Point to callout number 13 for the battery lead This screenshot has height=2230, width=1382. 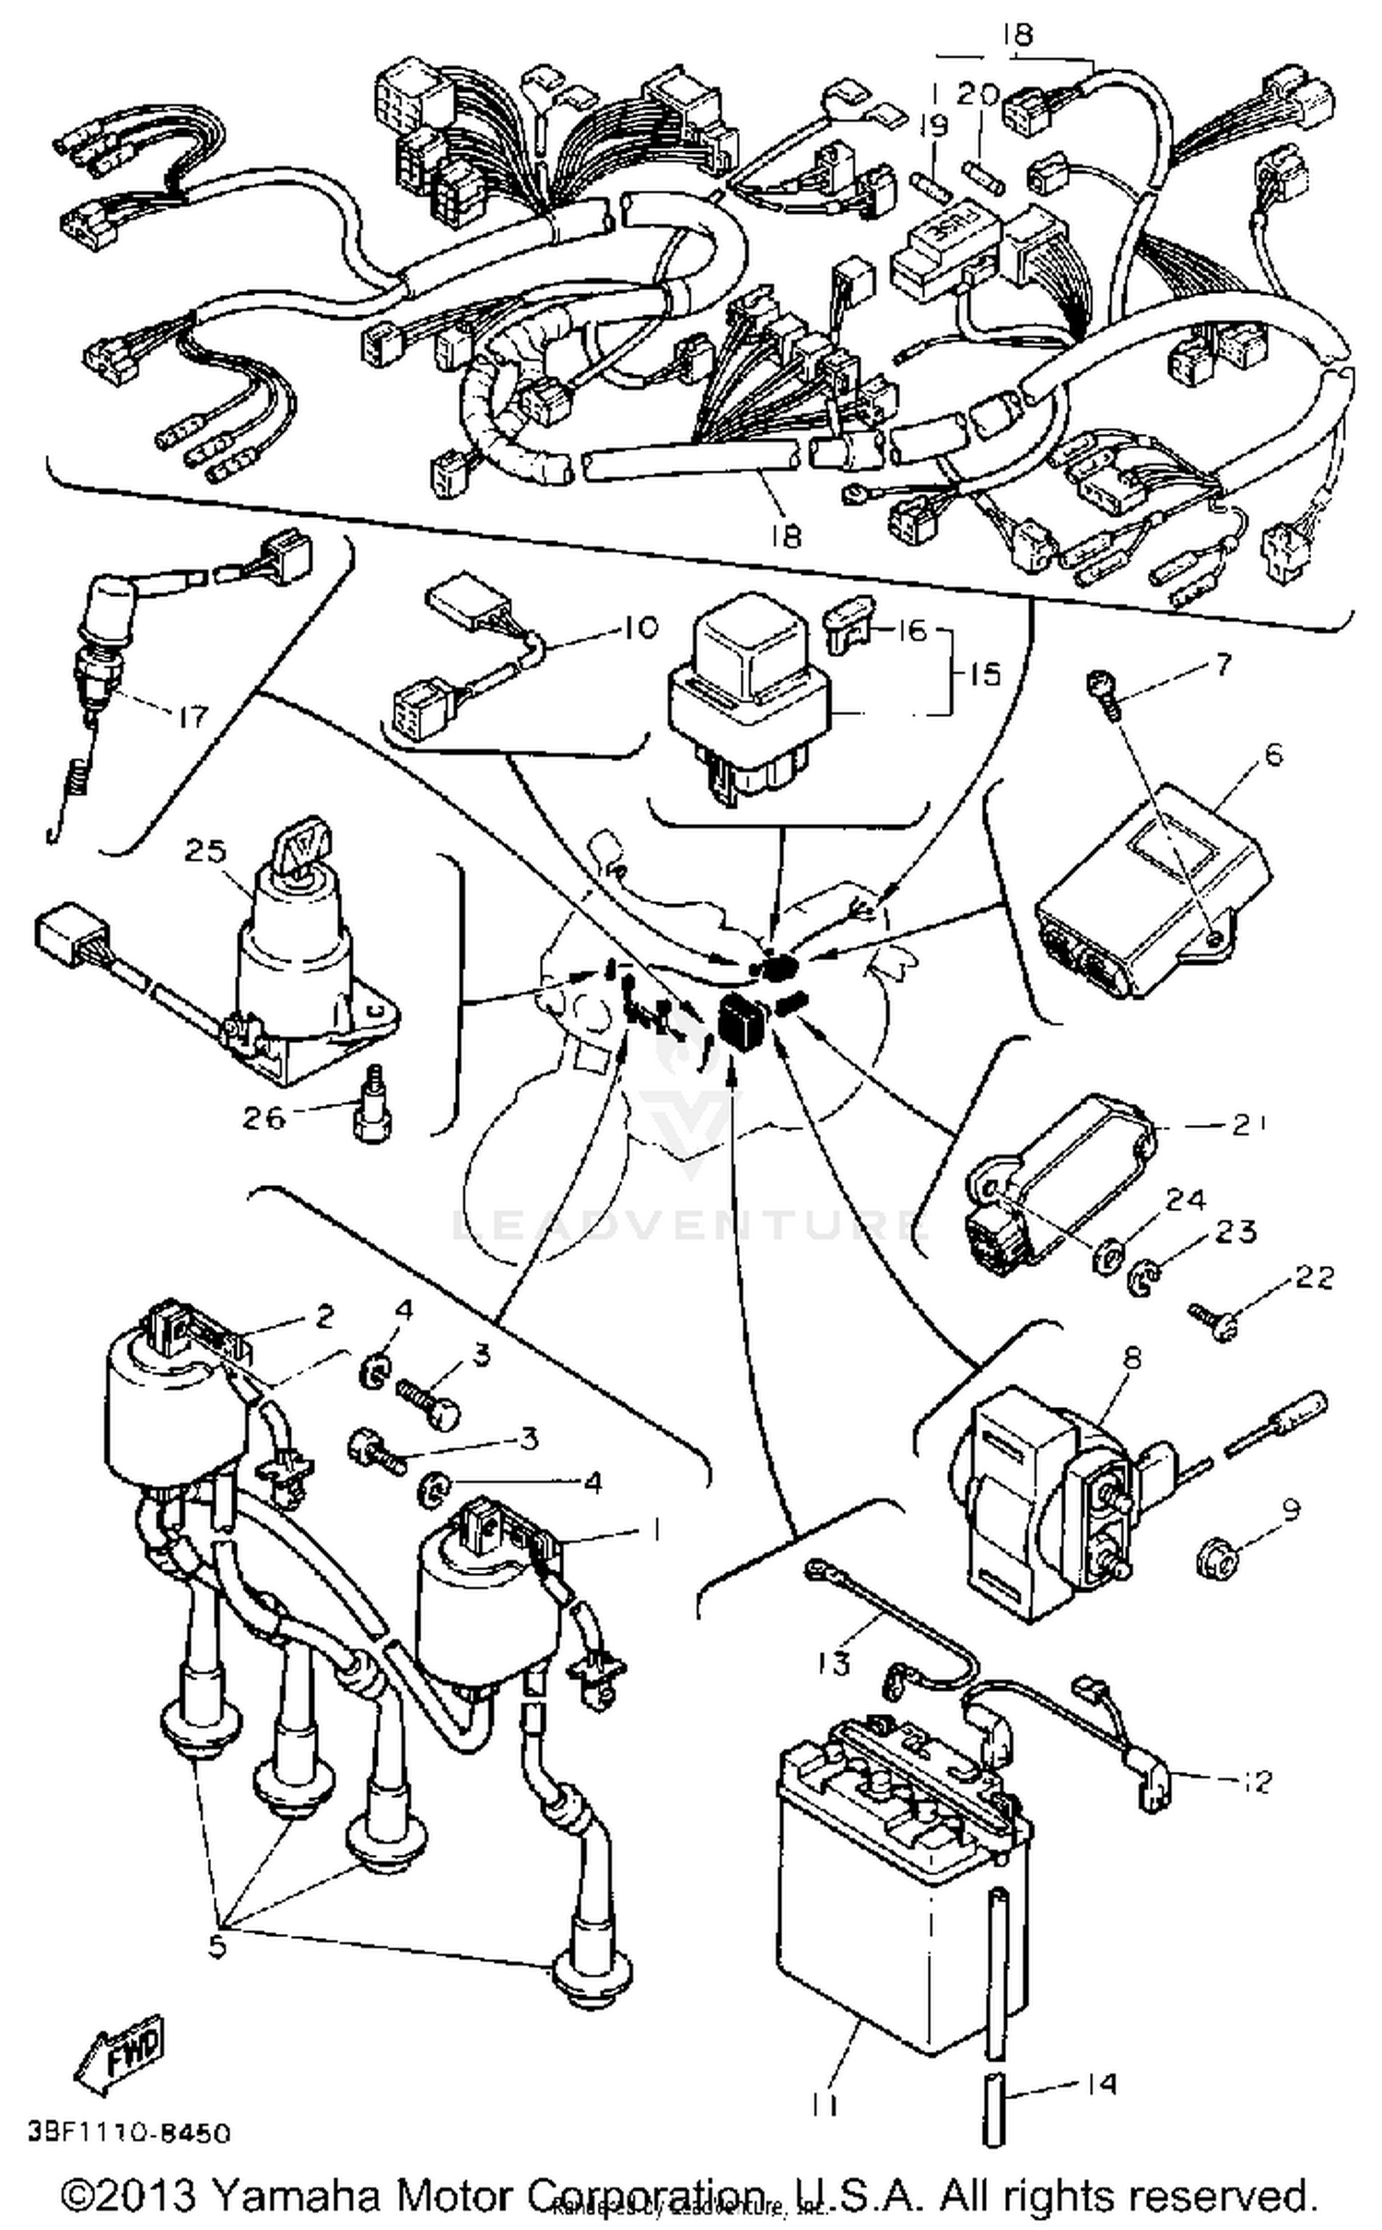pos(832,1663)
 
